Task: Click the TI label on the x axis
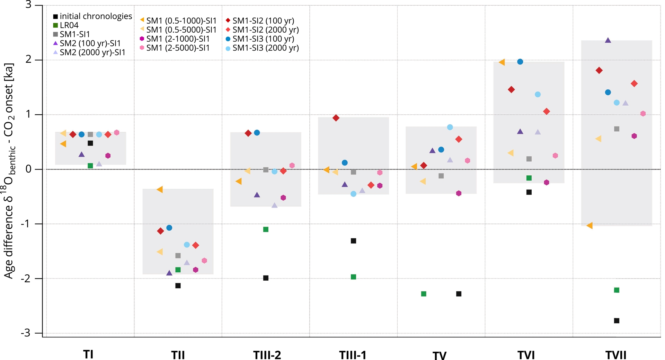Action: (88, 354)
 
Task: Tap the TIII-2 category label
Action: (267, 355)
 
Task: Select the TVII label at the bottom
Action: (616, 355)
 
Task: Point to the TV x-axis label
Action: (440, 355)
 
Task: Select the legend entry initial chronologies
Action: (92, 16)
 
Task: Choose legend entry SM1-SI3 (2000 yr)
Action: (262, 48)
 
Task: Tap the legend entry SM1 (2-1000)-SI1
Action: (175, 39)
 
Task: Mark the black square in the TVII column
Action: (617, 321)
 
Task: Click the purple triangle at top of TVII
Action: (608, 41)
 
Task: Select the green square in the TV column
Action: (424, 294)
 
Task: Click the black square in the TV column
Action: (459, 294)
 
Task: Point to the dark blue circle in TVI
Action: (520, 62)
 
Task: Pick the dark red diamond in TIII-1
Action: (336, 118)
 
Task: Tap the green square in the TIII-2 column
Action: (266, 229)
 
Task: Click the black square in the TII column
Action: (178, 286)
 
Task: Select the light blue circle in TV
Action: (450, 127)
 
